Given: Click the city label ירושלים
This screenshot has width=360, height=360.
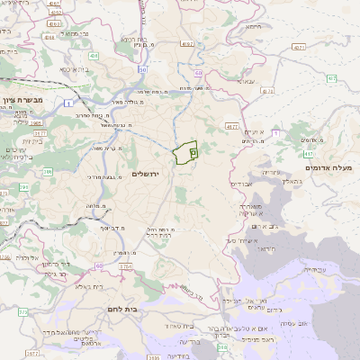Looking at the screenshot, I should (x=150, y=174).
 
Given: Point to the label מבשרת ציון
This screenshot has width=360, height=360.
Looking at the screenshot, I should (x=18, y=104).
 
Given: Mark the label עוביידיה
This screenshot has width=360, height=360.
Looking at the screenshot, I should (x=315, y=269).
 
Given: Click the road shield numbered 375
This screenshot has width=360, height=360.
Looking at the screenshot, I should (x=22, y=311).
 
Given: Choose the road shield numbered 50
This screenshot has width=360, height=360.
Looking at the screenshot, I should (x=143, y=68).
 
